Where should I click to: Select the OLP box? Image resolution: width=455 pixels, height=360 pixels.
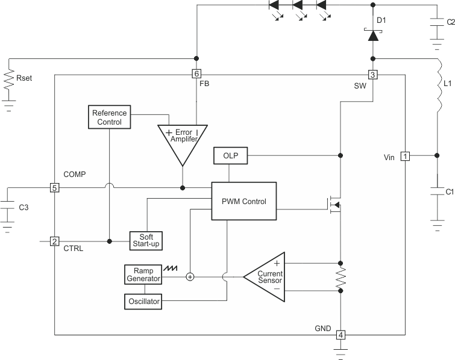coord(230,156)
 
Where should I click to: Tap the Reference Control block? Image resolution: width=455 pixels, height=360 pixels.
coord(110,117)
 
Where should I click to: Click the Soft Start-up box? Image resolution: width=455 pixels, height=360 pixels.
coord(146,240)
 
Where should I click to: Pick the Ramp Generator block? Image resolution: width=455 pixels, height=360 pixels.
coord(143,275)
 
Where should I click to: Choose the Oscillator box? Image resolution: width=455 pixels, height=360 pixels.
coord(143,301)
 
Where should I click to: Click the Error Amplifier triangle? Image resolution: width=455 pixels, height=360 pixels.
coord(183,138)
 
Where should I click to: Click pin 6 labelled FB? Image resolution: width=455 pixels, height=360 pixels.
coord(196,75)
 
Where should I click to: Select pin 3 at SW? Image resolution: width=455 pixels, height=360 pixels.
coord(373,75)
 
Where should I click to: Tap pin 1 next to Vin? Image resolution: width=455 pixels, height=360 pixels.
coord(406,157)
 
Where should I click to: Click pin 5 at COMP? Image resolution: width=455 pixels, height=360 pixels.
coord(54,188)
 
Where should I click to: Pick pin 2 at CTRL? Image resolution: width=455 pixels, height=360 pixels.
coord(54,241)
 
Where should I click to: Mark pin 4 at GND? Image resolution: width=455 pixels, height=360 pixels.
coord(340,335)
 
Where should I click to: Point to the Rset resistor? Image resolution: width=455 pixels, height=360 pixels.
coord(8,78)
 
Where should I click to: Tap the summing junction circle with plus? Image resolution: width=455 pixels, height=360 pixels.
coord(190,277)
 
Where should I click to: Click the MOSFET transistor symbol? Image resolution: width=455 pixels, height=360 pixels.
coord(335,205)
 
